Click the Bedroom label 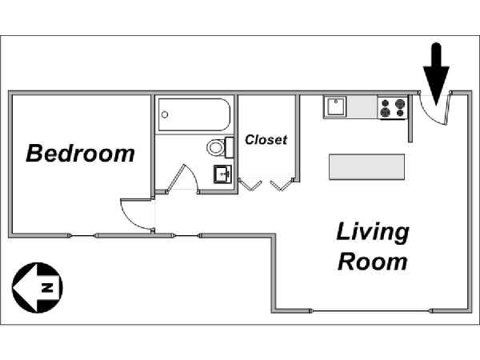point(80,153)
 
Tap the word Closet point(266,140)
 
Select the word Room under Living point(373,262)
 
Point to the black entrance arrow point(436,74)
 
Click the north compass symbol point(38,288)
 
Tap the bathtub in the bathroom point(194,114)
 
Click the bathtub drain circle point(165,114)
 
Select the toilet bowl point(215,147)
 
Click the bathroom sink point(222,174)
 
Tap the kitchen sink point(335,106)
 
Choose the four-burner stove point(393,108)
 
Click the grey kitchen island point(366,167)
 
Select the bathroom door point(183,179)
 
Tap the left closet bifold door point(250,185)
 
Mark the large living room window point(371,311)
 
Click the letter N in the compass point(47,288)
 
